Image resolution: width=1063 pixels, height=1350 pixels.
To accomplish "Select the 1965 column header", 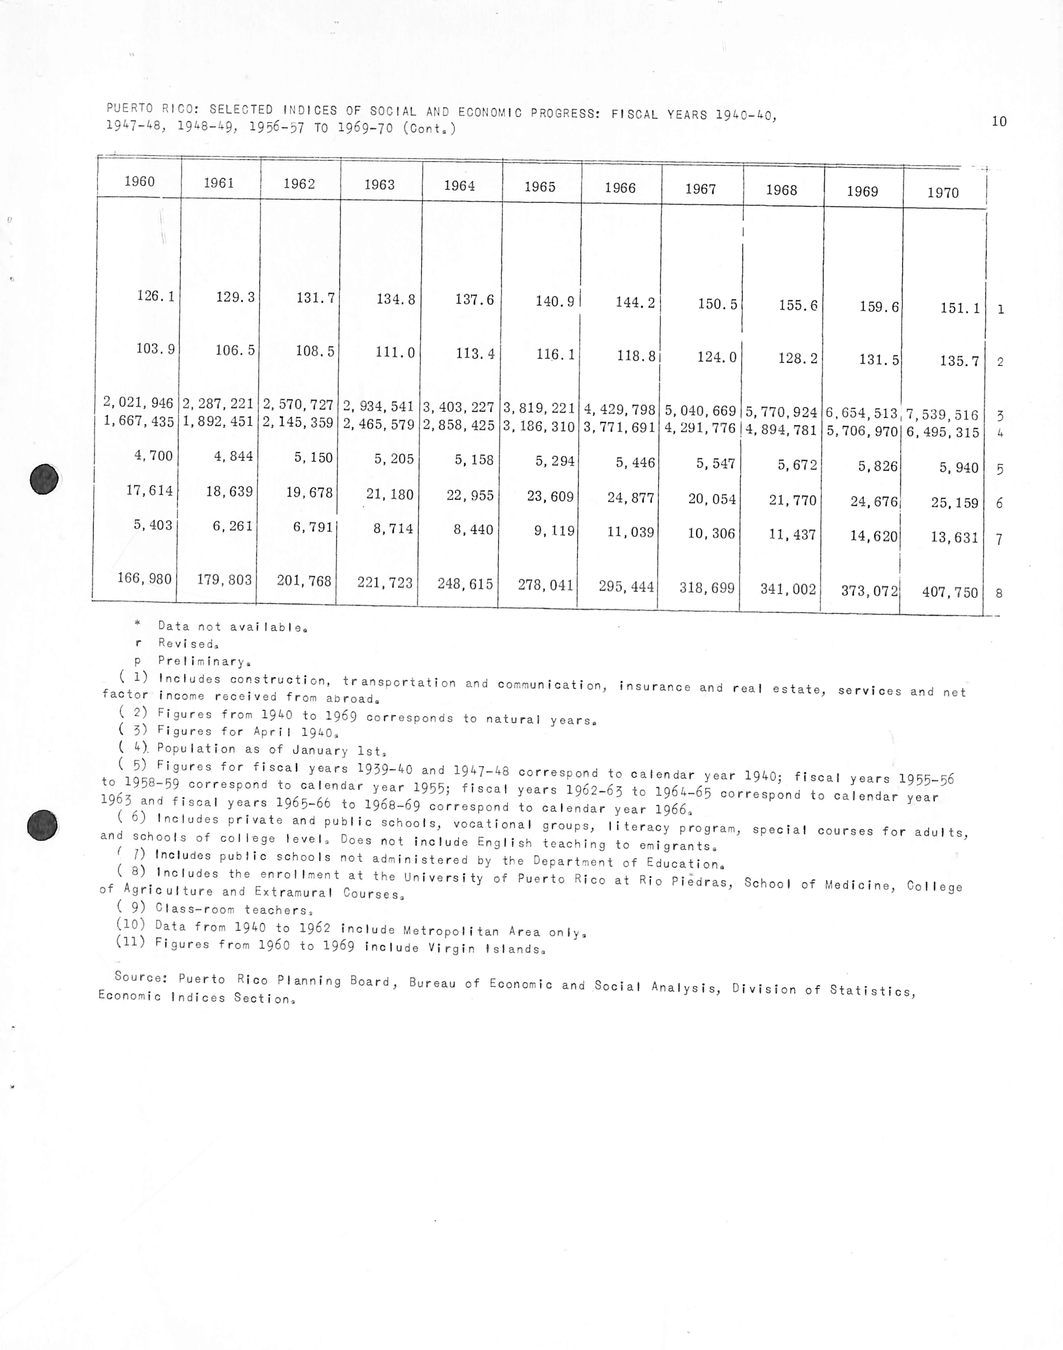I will (x=540, y=187).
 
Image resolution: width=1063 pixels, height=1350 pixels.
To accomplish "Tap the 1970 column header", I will (x=943, y=193).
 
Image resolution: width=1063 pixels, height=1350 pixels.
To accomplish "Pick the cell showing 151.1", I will (x=960, y=308).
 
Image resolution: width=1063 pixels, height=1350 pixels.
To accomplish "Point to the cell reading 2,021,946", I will (x=138, y=403).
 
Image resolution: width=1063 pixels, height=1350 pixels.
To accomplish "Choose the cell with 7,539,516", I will (x=942, y=415).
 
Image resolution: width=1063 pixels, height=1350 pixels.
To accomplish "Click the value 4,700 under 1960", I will (x=153, y=455).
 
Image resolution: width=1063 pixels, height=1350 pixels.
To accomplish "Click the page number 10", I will (x=999, y=121).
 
